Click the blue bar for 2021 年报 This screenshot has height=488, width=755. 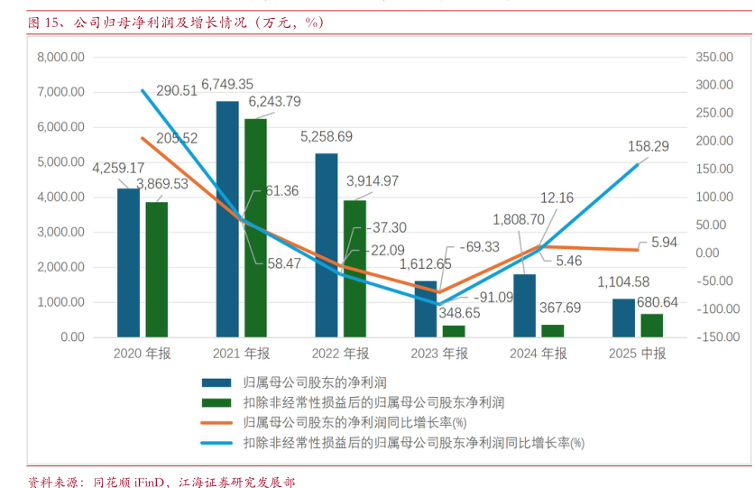[x=227, y=219]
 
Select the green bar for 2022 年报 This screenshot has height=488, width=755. [x=354, y=268]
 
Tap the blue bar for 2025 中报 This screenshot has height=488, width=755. [x=623, y=318]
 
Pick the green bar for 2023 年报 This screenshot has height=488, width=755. [x=454, y=331]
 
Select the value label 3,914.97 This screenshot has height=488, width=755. [x=373, y=180]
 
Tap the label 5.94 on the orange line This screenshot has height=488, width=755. [x=663, y=242]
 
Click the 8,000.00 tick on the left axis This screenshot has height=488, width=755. [x=61, y=57]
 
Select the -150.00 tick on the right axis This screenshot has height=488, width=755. [x=718, y=337]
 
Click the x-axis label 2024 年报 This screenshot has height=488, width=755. [x=539, y=354]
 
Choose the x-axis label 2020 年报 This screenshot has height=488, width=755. [x=142, y=354]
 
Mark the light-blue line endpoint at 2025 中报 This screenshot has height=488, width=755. [x=638, y=164]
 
